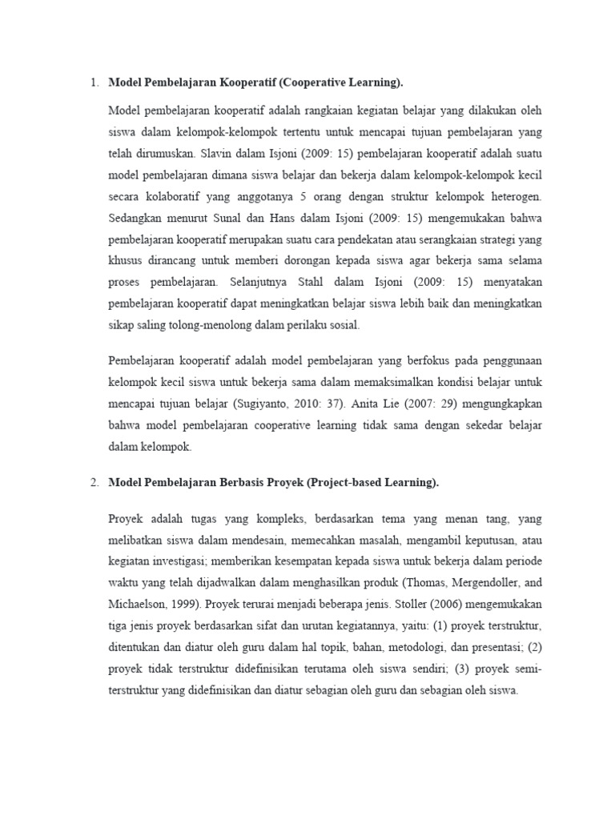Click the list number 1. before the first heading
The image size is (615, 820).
tap(94, 82)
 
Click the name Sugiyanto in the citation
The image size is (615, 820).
tap(314, 404)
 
